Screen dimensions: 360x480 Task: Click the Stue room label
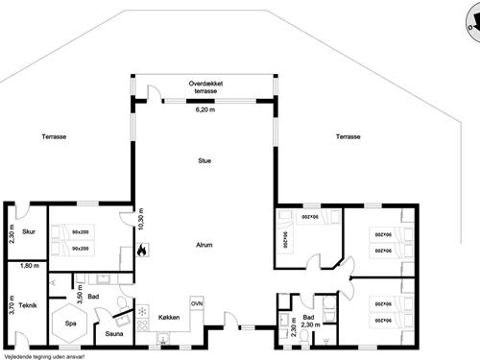tap(204, 161)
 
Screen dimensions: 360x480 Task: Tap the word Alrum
tap(204, 245)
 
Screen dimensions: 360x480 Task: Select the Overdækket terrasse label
tap(206, 87)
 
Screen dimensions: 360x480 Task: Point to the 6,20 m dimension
tap(205, 110)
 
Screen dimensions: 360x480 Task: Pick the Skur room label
tap(30, 231)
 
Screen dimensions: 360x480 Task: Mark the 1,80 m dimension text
tap(29, 265)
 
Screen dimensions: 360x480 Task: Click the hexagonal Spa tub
tap(71, 324)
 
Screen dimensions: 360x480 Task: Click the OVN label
tap(196, 302)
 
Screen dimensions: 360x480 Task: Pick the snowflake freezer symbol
tap(142, 313)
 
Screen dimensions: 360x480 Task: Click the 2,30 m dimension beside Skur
tap(11, 231)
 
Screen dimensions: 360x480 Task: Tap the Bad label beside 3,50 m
tap(93, 298)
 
